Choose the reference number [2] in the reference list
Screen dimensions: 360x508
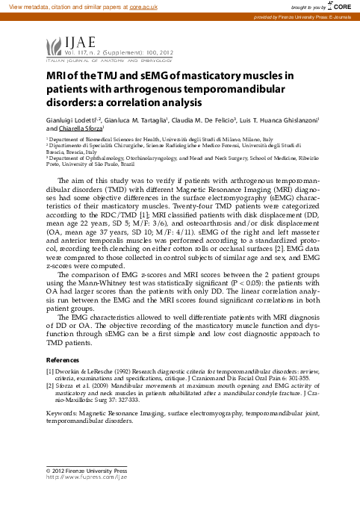tap(50, 385)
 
